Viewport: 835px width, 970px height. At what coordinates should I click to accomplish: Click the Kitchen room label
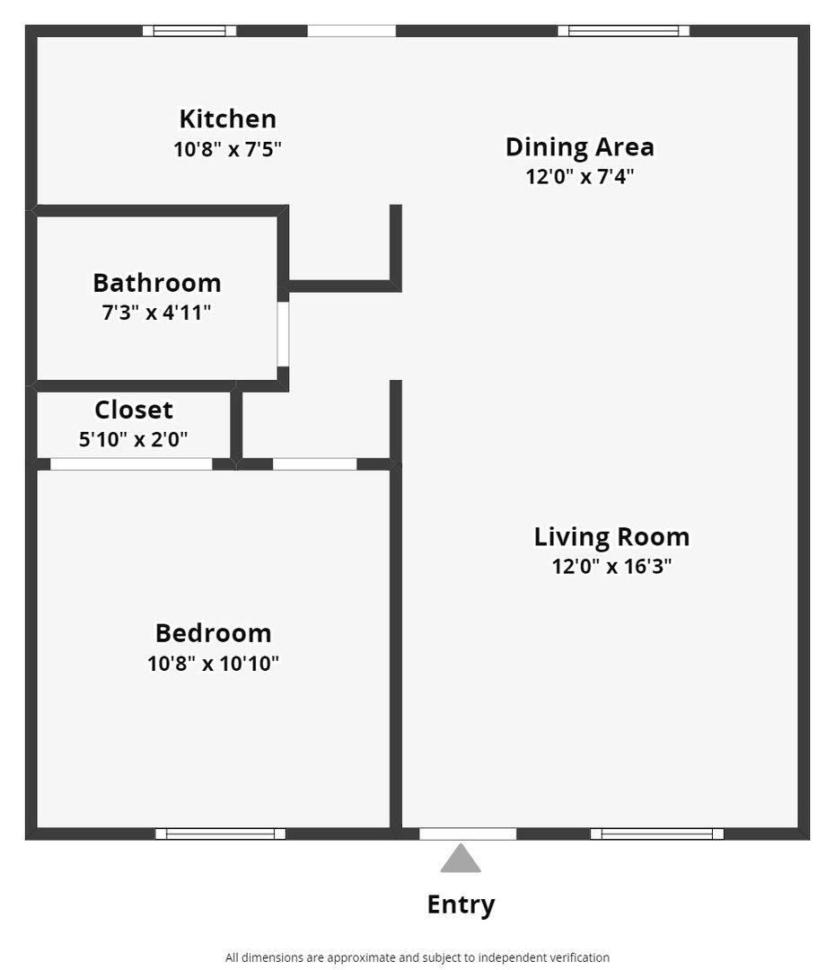pos(228,119)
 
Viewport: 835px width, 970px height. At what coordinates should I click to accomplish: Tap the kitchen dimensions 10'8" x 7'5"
pos(228,149)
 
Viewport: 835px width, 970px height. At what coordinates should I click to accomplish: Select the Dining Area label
pos(579,147)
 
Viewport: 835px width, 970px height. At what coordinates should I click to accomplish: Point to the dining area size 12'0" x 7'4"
pos(579,176)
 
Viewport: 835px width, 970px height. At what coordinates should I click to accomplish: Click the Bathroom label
pos(157,283)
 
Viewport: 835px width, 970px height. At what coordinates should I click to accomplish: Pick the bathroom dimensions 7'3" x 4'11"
pos(156,313)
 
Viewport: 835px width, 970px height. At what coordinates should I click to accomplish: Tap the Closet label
pos(134,410)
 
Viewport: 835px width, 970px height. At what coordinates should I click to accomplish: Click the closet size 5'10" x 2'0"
pos(133,439)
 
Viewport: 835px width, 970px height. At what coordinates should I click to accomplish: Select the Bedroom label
pos(214,633)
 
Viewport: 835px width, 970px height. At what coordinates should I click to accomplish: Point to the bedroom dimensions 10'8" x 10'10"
pos(214,663)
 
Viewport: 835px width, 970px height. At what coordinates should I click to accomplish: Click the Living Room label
pos(611,536)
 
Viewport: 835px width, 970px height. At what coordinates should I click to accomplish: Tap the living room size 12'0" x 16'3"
pos(611,566)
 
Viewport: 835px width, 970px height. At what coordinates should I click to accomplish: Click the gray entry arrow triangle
pos(461,860)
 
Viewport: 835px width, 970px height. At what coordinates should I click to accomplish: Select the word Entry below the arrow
pos(461,904)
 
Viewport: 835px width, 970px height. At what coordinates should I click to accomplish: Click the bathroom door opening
pos(283,334)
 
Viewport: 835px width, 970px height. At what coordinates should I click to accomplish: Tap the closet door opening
pos(131,464)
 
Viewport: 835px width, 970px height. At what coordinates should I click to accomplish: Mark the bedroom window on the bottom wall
pos(220,833)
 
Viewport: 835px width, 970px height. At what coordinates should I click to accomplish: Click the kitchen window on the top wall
pos(189,31)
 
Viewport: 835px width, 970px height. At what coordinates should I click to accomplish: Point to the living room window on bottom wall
pos(657,833)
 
